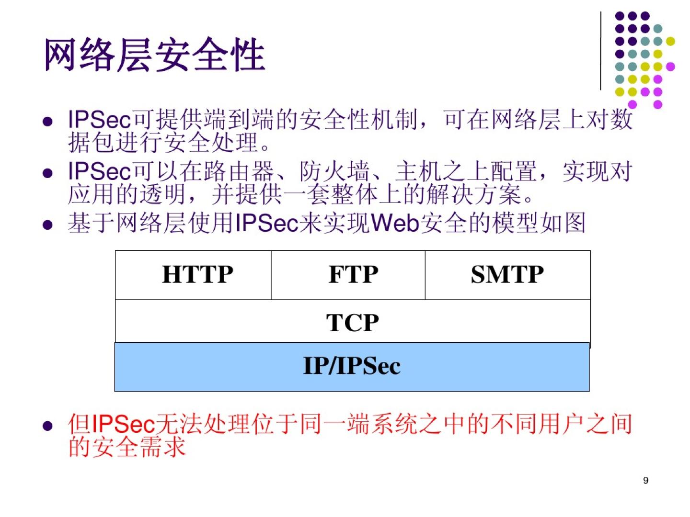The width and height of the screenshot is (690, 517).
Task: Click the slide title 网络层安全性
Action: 155,55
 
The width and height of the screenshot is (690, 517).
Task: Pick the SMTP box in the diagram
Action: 507,275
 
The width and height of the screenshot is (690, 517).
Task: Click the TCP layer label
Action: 352,323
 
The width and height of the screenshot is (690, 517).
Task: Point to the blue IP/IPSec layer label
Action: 352,366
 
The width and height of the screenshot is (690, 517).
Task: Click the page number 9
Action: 645,480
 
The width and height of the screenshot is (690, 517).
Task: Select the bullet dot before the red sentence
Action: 47,426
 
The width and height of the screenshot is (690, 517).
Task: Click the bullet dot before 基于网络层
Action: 47,225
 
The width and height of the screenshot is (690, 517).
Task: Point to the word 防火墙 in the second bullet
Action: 334,171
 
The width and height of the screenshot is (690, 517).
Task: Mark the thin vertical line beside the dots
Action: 600,51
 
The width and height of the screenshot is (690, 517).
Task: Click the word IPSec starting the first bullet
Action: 99,120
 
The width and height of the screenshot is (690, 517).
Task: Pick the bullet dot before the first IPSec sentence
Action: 47,122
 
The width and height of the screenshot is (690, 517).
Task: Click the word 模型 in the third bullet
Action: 515,223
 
